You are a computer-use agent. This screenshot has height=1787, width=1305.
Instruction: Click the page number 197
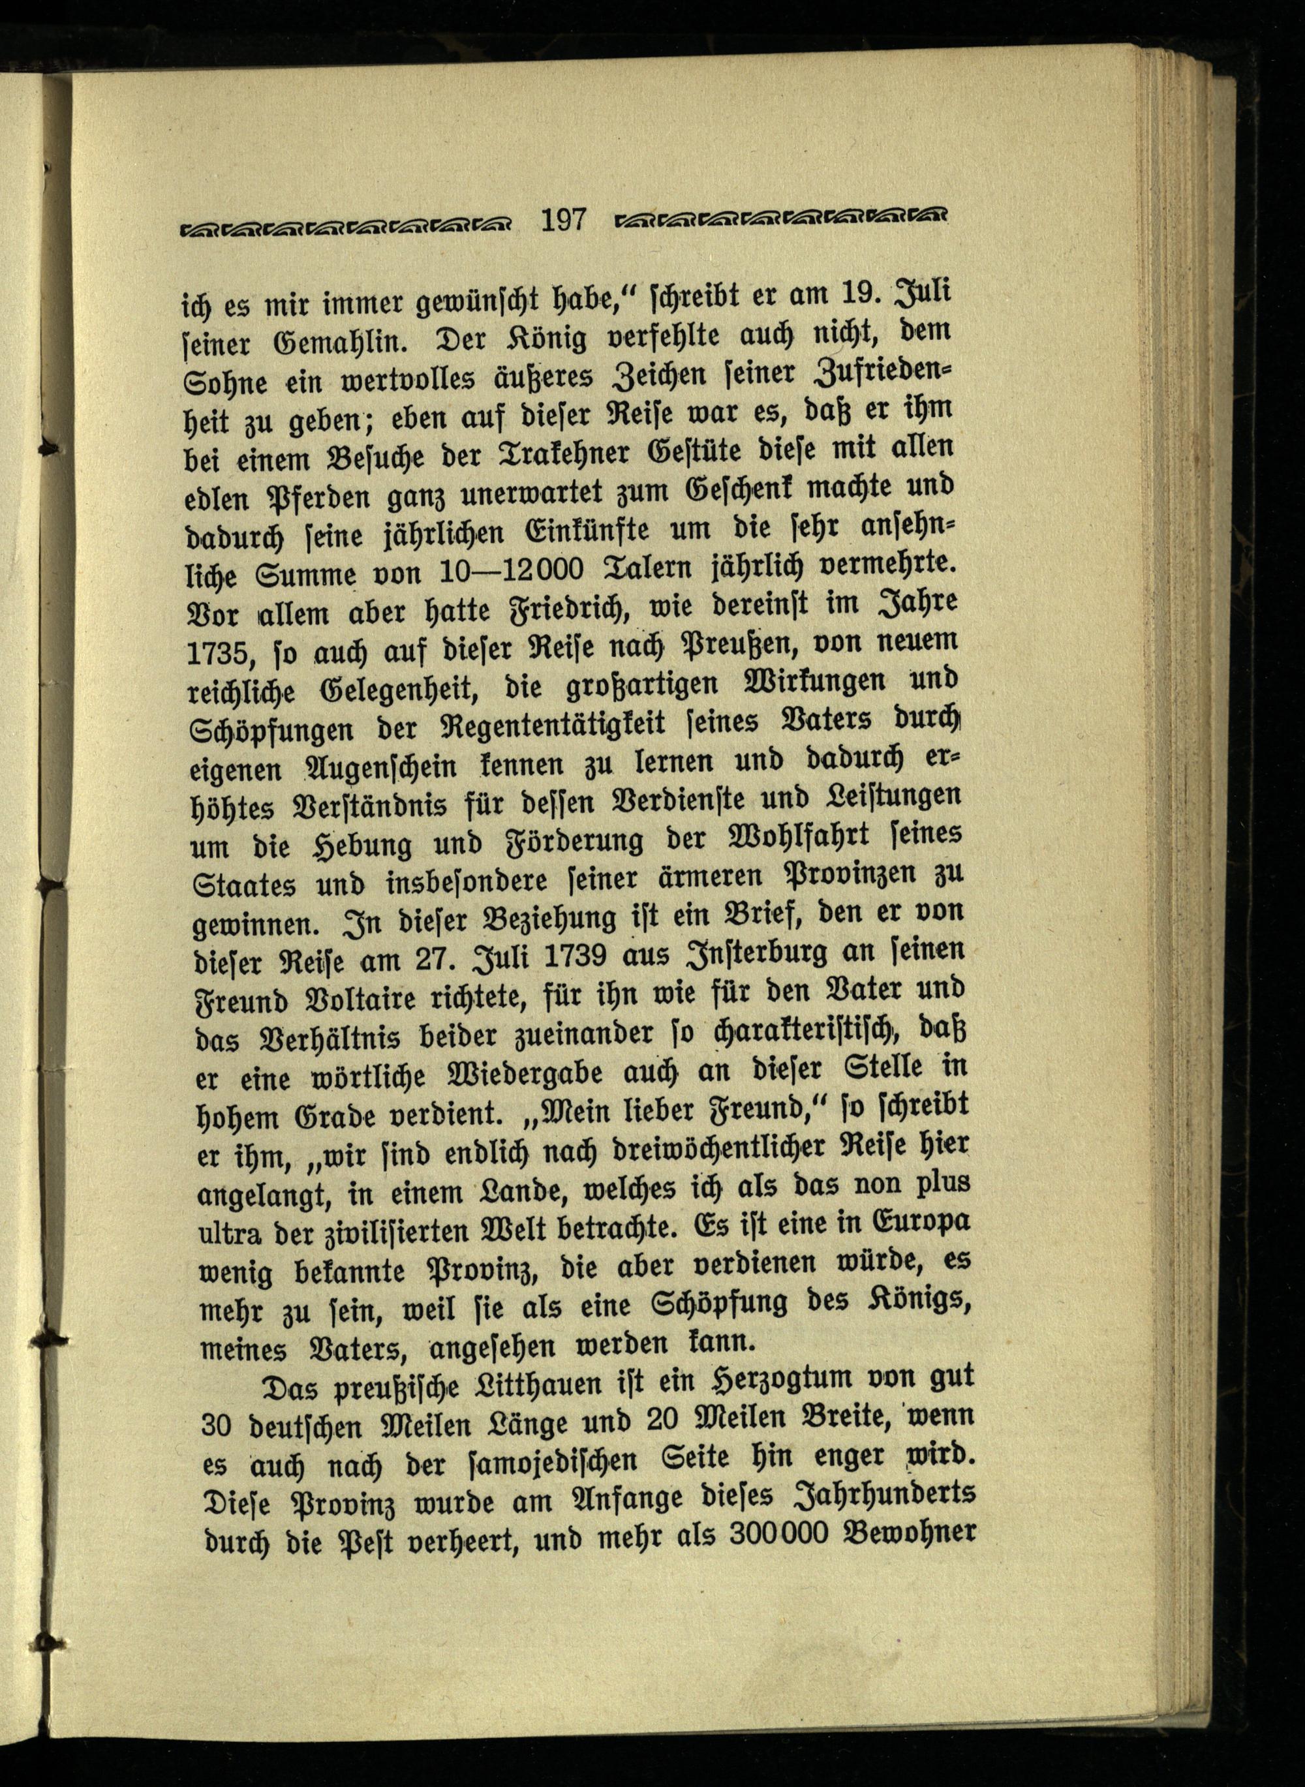coord(563,219)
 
